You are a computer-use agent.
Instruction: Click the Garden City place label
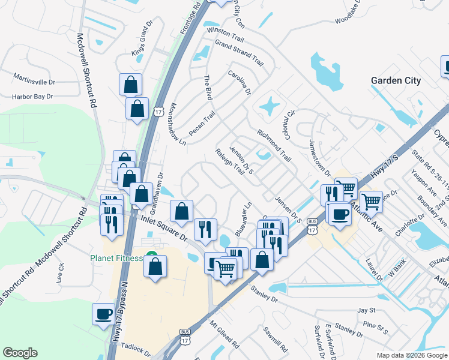point(396,80)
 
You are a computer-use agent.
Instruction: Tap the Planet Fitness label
point(116,258)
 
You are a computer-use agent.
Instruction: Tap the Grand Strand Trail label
point(240,52)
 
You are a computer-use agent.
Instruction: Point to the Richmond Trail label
point(273,146)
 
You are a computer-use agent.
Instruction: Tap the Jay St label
point(366,310)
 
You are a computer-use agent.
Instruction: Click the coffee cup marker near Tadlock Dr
point(103,313)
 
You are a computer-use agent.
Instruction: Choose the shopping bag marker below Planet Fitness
point(155,266)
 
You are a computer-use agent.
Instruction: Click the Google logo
point(20,353)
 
